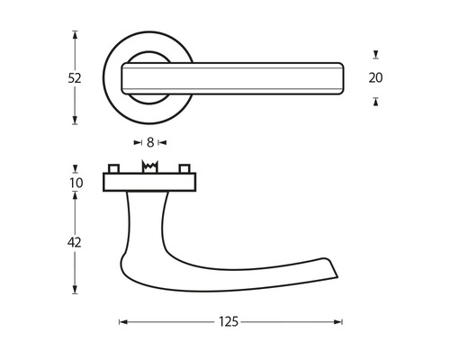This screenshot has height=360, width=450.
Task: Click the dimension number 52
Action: click(x=74, y=78)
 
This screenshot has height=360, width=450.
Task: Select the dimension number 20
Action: click(x=375, y=78)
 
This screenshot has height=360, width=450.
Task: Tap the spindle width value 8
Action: click(x=149, y=142)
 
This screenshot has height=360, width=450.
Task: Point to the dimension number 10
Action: click(x=76, y=183)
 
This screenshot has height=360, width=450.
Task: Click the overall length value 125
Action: click(x=231, y=322)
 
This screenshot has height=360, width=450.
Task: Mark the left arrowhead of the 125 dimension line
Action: click(x=122, y=322)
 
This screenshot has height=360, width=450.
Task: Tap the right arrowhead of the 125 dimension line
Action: click(x=339, y=322)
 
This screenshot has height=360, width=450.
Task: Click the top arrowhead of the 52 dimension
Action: click(x=75, y=34)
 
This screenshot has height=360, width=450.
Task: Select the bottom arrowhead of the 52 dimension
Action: click(x=75, y=121)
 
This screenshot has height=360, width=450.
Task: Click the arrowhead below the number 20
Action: click(x=375, y=101)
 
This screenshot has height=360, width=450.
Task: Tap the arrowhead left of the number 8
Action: click(x=137, y=142)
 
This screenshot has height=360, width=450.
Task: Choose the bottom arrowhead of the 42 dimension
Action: click(x=75, y=292)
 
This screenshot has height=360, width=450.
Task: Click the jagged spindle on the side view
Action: click(x=149, y=168)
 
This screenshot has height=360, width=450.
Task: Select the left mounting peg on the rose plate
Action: click(x=114, y=169)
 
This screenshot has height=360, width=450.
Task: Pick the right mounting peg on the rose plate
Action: click(x=184, y=169)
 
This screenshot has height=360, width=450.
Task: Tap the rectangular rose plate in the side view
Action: click(x=149, y=183)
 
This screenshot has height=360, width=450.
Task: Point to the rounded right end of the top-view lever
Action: click(x=341, y=77)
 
